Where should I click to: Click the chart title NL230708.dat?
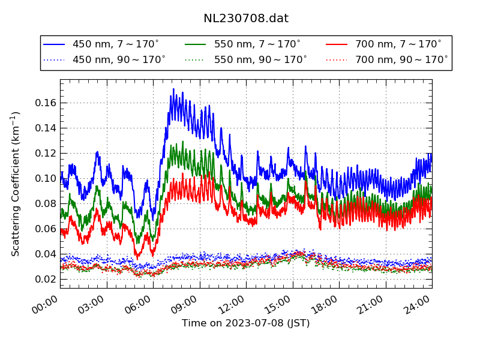[246, 19]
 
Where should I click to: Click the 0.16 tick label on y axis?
[45, 103]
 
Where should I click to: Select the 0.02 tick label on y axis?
[45, 279]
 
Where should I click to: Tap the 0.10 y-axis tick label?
[45, 178]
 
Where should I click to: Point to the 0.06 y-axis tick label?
[45, 229]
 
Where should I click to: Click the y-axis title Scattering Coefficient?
[16, 184]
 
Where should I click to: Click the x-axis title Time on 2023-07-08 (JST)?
[246, 323]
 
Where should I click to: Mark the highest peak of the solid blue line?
[173, 89]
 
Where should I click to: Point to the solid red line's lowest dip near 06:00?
[152, 255]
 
